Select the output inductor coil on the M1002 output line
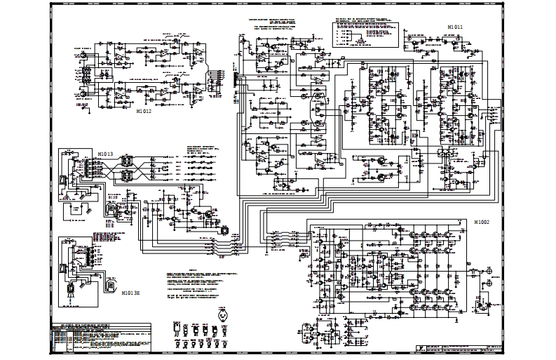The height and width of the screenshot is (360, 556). pos(476,271)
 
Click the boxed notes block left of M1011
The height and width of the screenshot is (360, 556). pos(364,31)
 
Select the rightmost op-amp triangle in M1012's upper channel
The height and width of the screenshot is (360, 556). pos(199,54)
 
